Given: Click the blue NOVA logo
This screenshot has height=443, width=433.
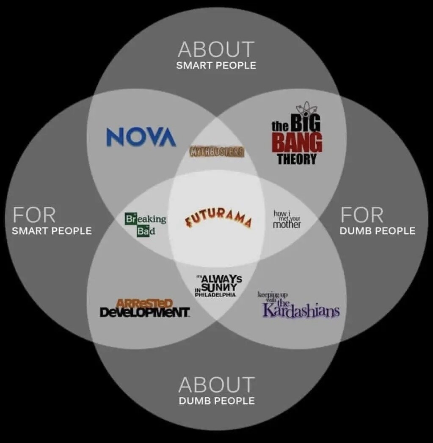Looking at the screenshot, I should (141, 136).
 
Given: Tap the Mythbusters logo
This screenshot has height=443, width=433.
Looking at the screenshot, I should (217, 152).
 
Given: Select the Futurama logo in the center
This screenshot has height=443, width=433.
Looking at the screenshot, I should (218, 218).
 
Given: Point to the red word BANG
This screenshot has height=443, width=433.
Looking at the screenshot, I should (297, 143).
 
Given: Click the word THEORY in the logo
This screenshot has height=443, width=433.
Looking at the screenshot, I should (297, 159).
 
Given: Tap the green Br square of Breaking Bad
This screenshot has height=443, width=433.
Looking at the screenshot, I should (130, 219).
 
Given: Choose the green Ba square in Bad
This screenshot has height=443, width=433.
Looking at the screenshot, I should (142, 231).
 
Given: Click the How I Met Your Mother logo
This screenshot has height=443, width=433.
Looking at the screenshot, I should (287, 219).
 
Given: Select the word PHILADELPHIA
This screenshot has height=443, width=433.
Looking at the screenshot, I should (215, 295).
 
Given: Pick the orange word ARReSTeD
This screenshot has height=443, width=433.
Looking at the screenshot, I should (144, 304).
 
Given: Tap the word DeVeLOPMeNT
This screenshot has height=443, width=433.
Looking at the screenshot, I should (144, 313).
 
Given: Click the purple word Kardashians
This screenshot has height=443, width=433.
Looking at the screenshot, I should (301, 310).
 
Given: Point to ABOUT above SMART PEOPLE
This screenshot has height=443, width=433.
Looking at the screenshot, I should (216, 50).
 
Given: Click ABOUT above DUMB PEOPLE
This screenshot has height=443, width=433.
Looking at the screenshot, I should (216, 385).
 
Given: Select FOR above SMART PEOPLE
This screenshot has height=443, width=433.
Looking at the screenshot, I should (34, 215).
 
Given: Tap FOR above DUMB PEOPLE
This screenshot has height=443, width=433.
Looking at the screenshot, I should (362, 215).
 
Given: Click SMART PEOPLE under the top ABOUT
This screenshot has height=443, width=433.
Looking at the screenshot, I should (216, 66).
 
